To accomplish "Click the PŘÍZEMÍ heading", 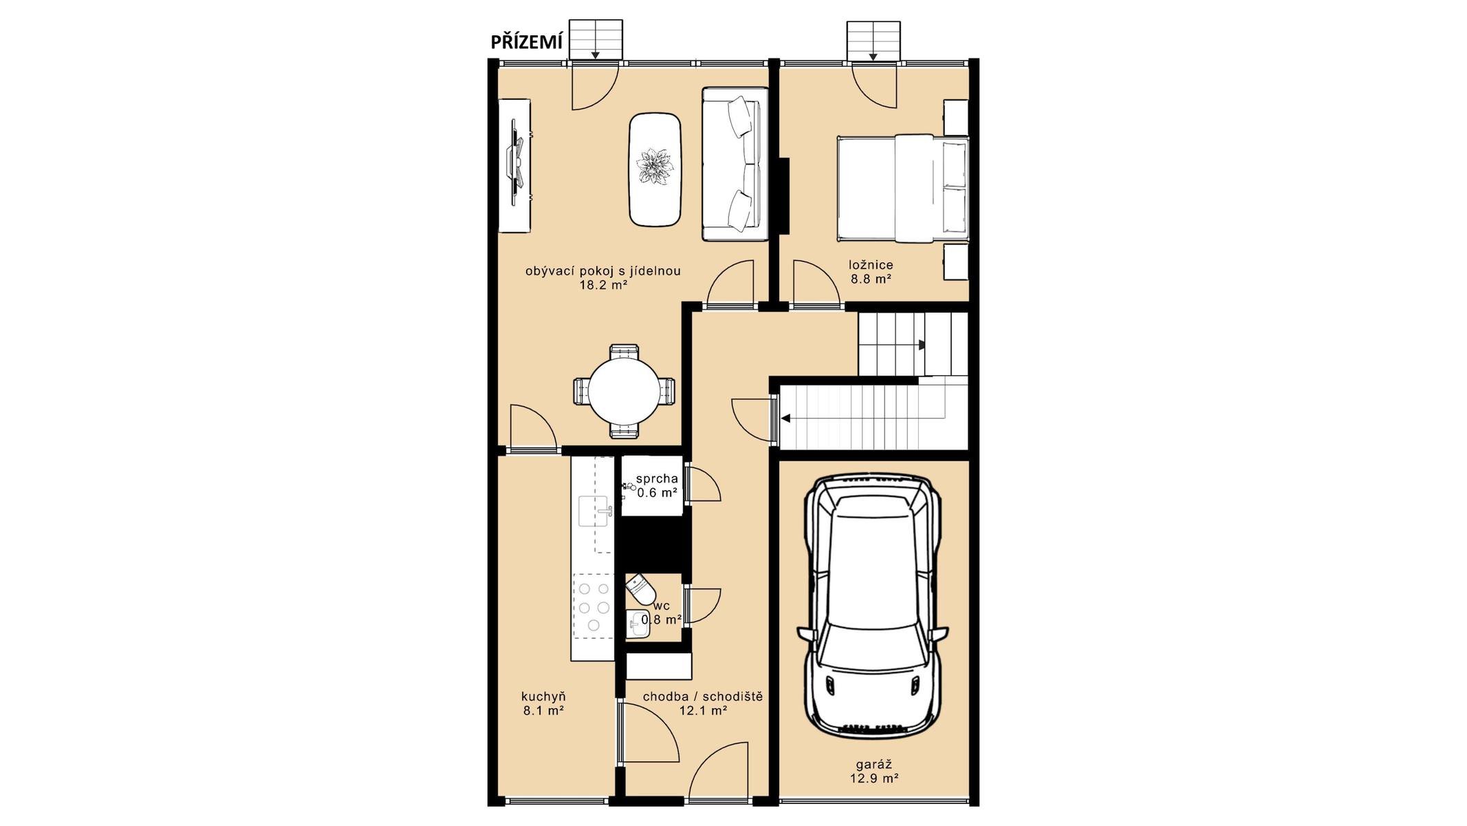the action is click(526, 43).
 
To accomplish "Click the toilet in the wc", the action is click(641, 589).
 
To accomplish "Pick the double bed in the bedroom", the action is click(902, 188).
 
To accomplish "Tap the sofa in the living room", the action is click(735, 164).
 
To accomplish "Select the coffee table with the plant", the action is click(655, 169).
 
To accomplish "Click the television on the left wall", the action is click(515, 162).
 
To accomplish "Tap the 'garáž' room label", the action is click(874, 764).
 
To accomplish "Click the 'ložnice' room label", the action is click(871, 264).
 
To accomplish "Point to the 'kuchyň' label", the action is click(543, 696).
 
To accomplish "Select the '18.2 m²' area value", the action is click(603, 285).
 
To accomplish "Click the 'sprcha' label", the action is click(657, 478).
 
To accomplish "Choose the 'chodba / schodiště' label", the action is click(703, 697).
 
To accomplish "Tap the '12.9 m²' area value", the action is click(874, 779).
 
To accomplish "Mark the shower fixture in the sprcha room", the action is click(629, 487).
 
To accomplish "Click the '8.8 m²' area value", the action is click(871, 279).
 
